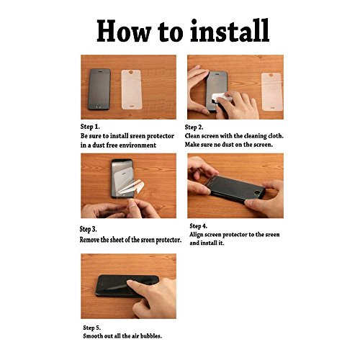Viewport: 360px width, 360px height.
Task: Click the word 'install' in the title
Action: click(x=230, y=31)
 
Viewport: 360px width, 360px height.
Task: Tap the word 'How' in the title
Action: click(x=124, y=31)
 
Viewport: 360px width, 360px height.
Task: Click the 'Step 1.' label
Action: click(x=90, y=127)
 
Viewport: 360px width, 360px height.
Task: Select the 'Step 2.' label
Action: click(x=194, y=127)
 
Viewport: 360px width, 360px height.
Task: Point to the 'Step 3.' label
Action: click(x=88, y=229)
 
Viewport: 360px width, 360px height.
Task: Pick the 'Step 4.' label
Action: click(x=198, y=226)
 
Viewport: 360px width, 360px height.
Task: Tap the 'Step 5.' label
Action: click(x=92, y=328)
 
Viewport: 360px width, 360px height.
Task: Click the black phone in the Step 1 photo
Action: click(x=99, y=89)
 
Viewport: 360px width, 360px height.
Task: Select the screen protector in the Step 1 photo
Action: click(x=132, y=89)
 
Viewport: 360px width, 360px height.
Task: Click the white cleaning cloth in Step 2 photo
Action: click(x=221, y=98)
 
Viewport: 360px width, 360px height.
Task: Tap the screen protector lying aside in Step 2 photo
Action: click(x=272, y=91)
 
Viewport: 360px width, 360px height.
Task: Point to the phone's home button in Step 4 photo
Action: click(x=258, y=192)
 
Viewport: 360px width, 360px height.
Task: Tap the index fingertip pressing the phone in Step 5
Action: click(x=130, y=284)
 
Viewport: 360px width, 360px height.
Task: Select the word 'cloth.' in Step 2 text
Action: click(x=276, y=136)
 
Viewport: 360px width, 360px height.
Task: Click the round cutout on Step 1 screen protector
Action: click(x=131, y=72)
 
